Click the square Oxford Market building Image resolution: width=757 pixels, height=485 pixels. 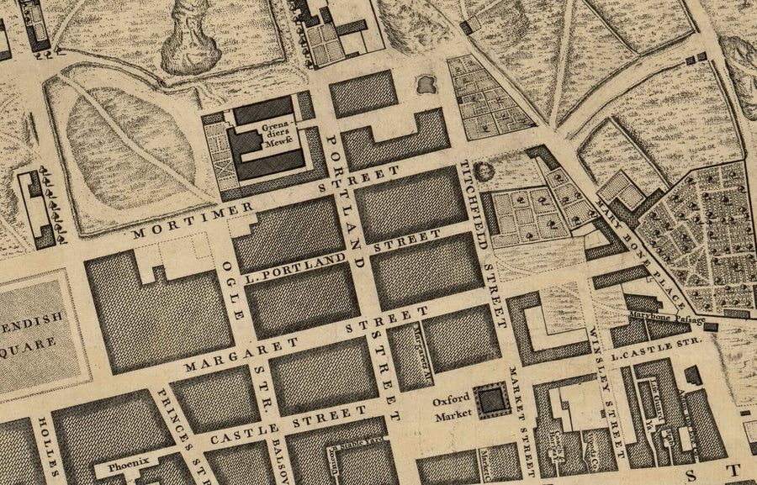point(487,401)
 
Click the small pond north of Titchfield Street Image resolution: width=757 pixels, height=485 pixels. point(425,83)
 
